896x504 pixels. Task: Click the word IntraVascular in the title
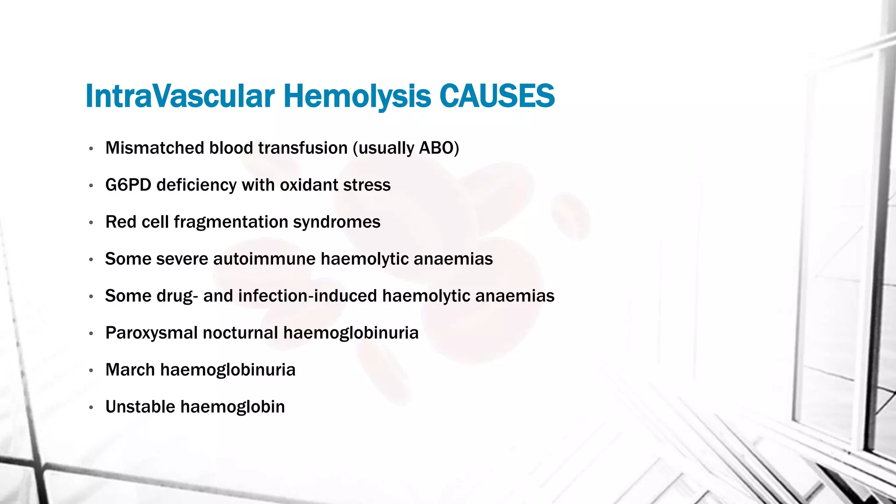click(x=180, y=96)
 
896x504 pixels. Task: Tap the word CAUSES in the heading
click(x=497, y=96)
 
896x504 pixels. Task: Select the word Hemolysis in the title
click(x=357, y=96)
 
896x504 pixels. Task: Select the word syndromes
click(x=336, y=222)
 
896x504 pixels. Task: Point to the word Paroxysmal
click(x=151, y=333)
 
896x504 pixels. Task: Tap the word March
click(x=130, y=370)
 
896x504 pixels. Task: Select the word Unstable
click(x=140, y=407)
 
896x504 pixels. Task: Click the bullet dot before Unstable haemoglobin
click(x=91, y=408)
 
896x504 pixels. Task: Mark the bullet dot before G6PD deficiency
click(x=91, y=186)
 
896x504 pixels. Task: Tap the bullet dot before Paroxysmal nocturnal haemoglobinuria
click(x=91, y=334)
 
